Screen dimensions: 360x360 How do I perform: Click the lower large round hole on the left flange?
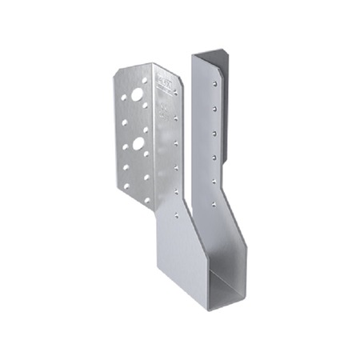tap(139, 145)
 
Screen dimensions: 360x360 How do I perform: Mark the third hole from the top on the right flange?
tap(214, 126)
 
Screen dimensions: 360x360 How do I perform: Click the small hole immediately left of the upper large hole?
tap(126, 101)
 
